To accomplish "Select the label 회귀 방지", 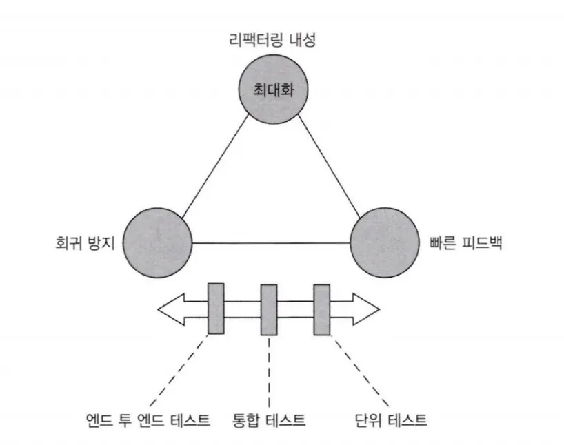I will point(84,243).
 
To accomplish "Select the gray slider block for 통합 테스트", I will point(269,309).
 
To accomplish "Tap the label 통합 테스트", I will point(270,418).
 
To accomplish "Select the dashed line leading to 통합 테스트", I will point(267,372).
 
